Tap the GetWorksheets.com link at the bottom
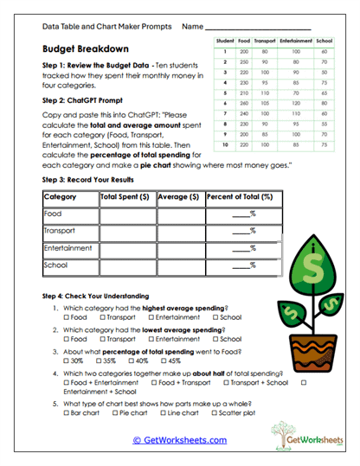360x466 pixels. click(179, 439)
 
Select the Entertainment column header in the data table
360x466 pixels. click(295, 41)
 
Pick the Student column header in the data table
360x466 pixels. click(224, 41)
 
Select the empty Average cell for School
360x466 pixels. click(180, 265)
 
